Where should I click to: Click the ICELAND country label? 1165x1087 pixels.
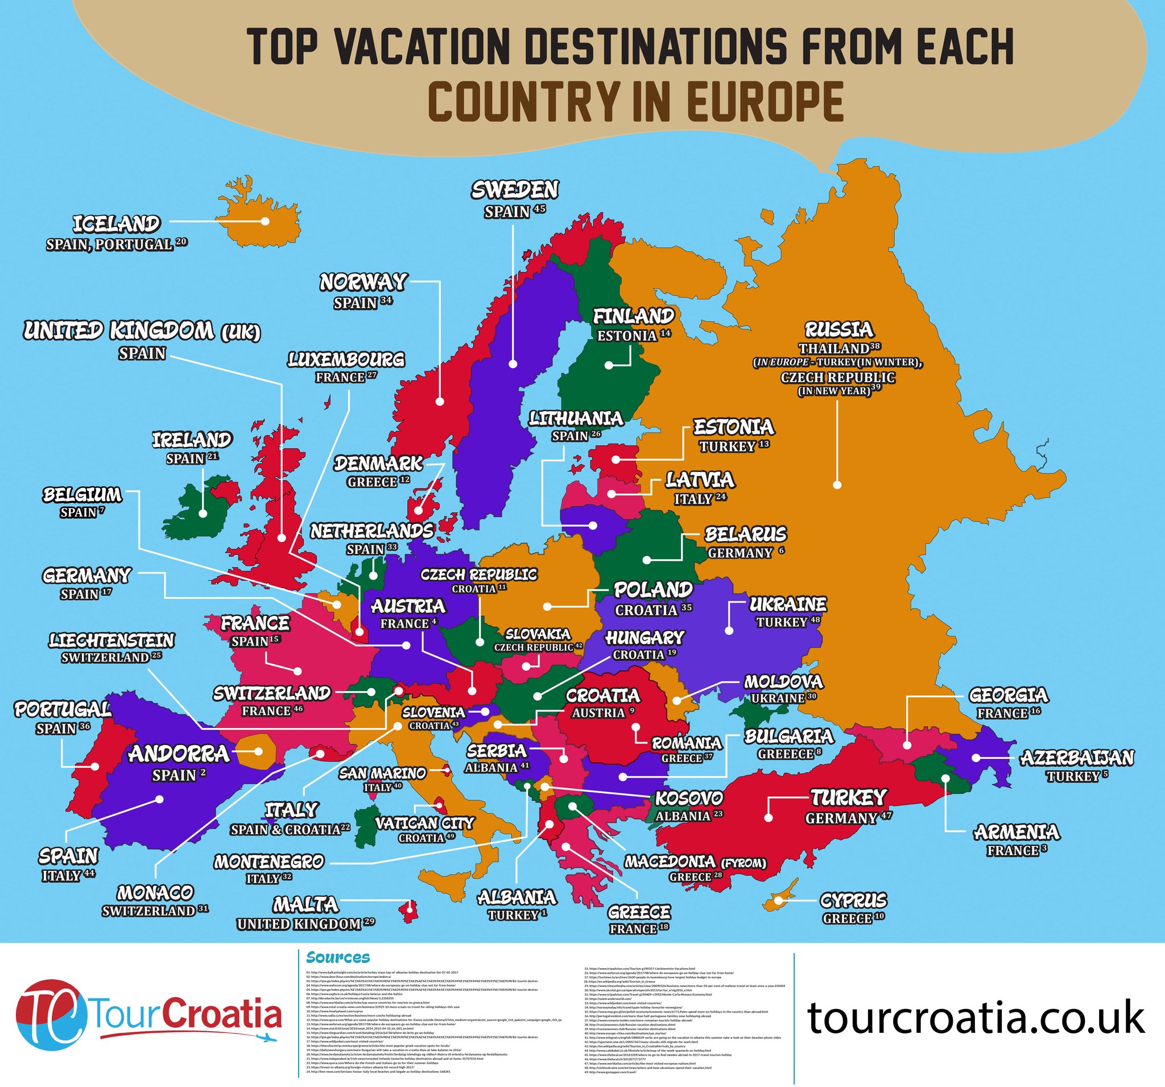[x=116, y=224]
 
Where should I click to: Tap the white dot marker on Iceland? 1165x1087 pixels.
[x=265, y=221]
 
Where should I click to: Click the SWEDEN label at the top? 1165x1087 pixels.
[x=515, y=190]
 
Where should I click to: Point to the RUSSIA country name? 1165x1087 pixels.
[x=838, y=329]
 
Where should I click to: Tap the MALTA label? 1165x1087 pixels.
[x=306, y=904]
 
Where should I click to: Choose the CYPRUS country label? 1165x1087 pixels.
[x=853, y=900]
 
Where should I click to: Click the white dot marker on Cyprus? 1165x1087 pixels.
[x=779, y=899]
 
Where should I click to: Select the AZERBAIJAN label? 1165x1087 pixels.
[x=1077, y=758]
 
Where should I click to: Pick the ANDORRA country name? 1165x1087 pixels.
[x=179, y=754]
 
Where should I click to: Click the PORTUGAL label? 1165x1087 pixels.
[x=63, y=710]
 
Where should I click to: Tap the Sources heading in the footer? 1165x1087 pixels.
[x=338, y=957]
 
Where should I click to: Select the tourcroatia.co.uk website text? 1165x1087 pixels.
[x=976, y=1018]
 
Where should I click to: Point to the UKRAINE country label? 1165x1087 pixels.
[x=788, y=604]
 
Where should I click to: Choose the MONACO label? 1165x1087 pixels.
[x=155, y=892]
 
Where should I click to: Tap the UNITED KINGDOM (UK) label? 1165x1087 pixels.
[x=142, y=332]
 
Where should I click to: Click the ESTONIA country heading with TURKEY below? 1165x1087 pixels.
[x=734, y=427]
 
